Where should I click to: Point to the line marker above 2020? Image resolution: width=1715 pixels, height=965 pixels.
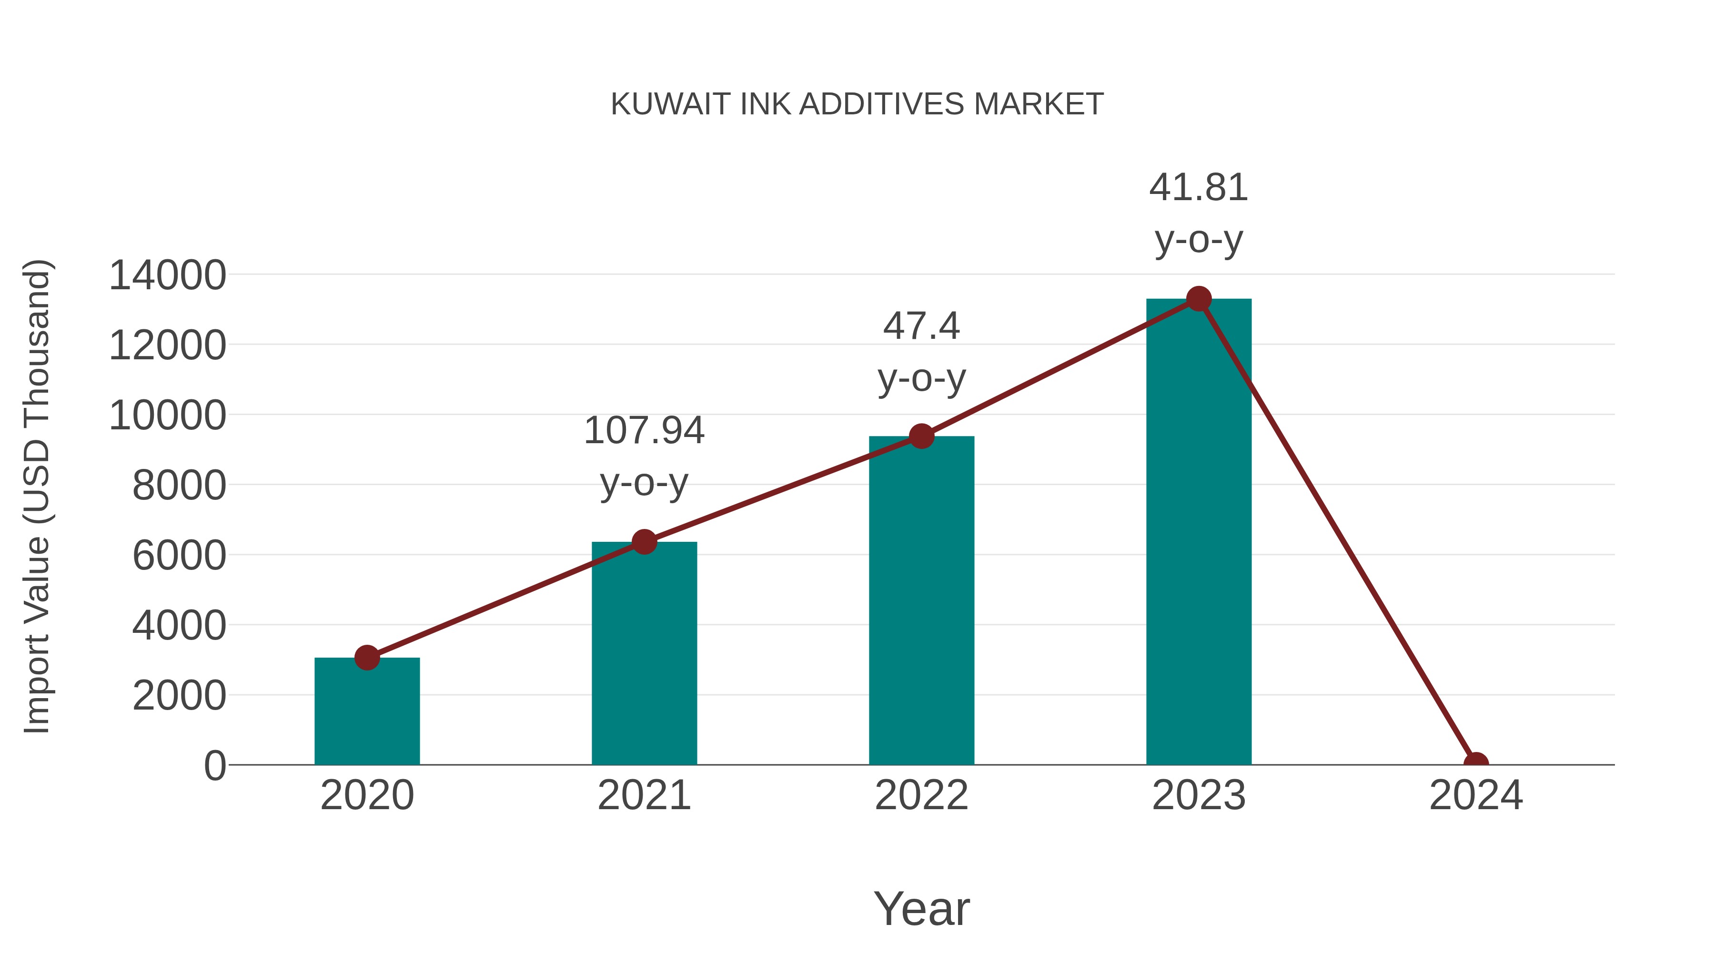pos(367,657)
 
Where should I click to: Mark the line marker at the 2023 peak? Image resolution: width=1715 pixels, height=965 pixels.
pos(1199,299)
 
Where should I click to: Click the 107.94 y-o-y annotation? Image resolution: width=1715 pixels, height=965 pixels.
pos(644,456)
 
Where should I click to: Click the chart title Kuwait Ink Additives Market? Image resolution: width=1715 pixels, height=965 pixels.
pos(857,104)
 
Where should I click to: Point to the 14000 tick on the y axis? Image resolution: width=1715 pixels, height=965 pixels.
pos(167,275)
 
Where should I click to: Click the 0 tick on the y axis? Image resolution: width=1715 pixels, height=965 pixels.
pos(214,765)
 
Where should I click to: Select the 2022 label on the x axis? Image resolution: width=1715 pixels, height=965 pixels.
pos(921,795)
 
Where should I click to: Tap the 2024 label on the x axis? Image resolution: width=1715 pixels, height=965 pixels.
pos(1475,795)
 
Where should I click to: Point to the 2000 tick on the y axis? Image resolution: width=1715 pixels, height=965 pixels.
pos(179,695)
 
